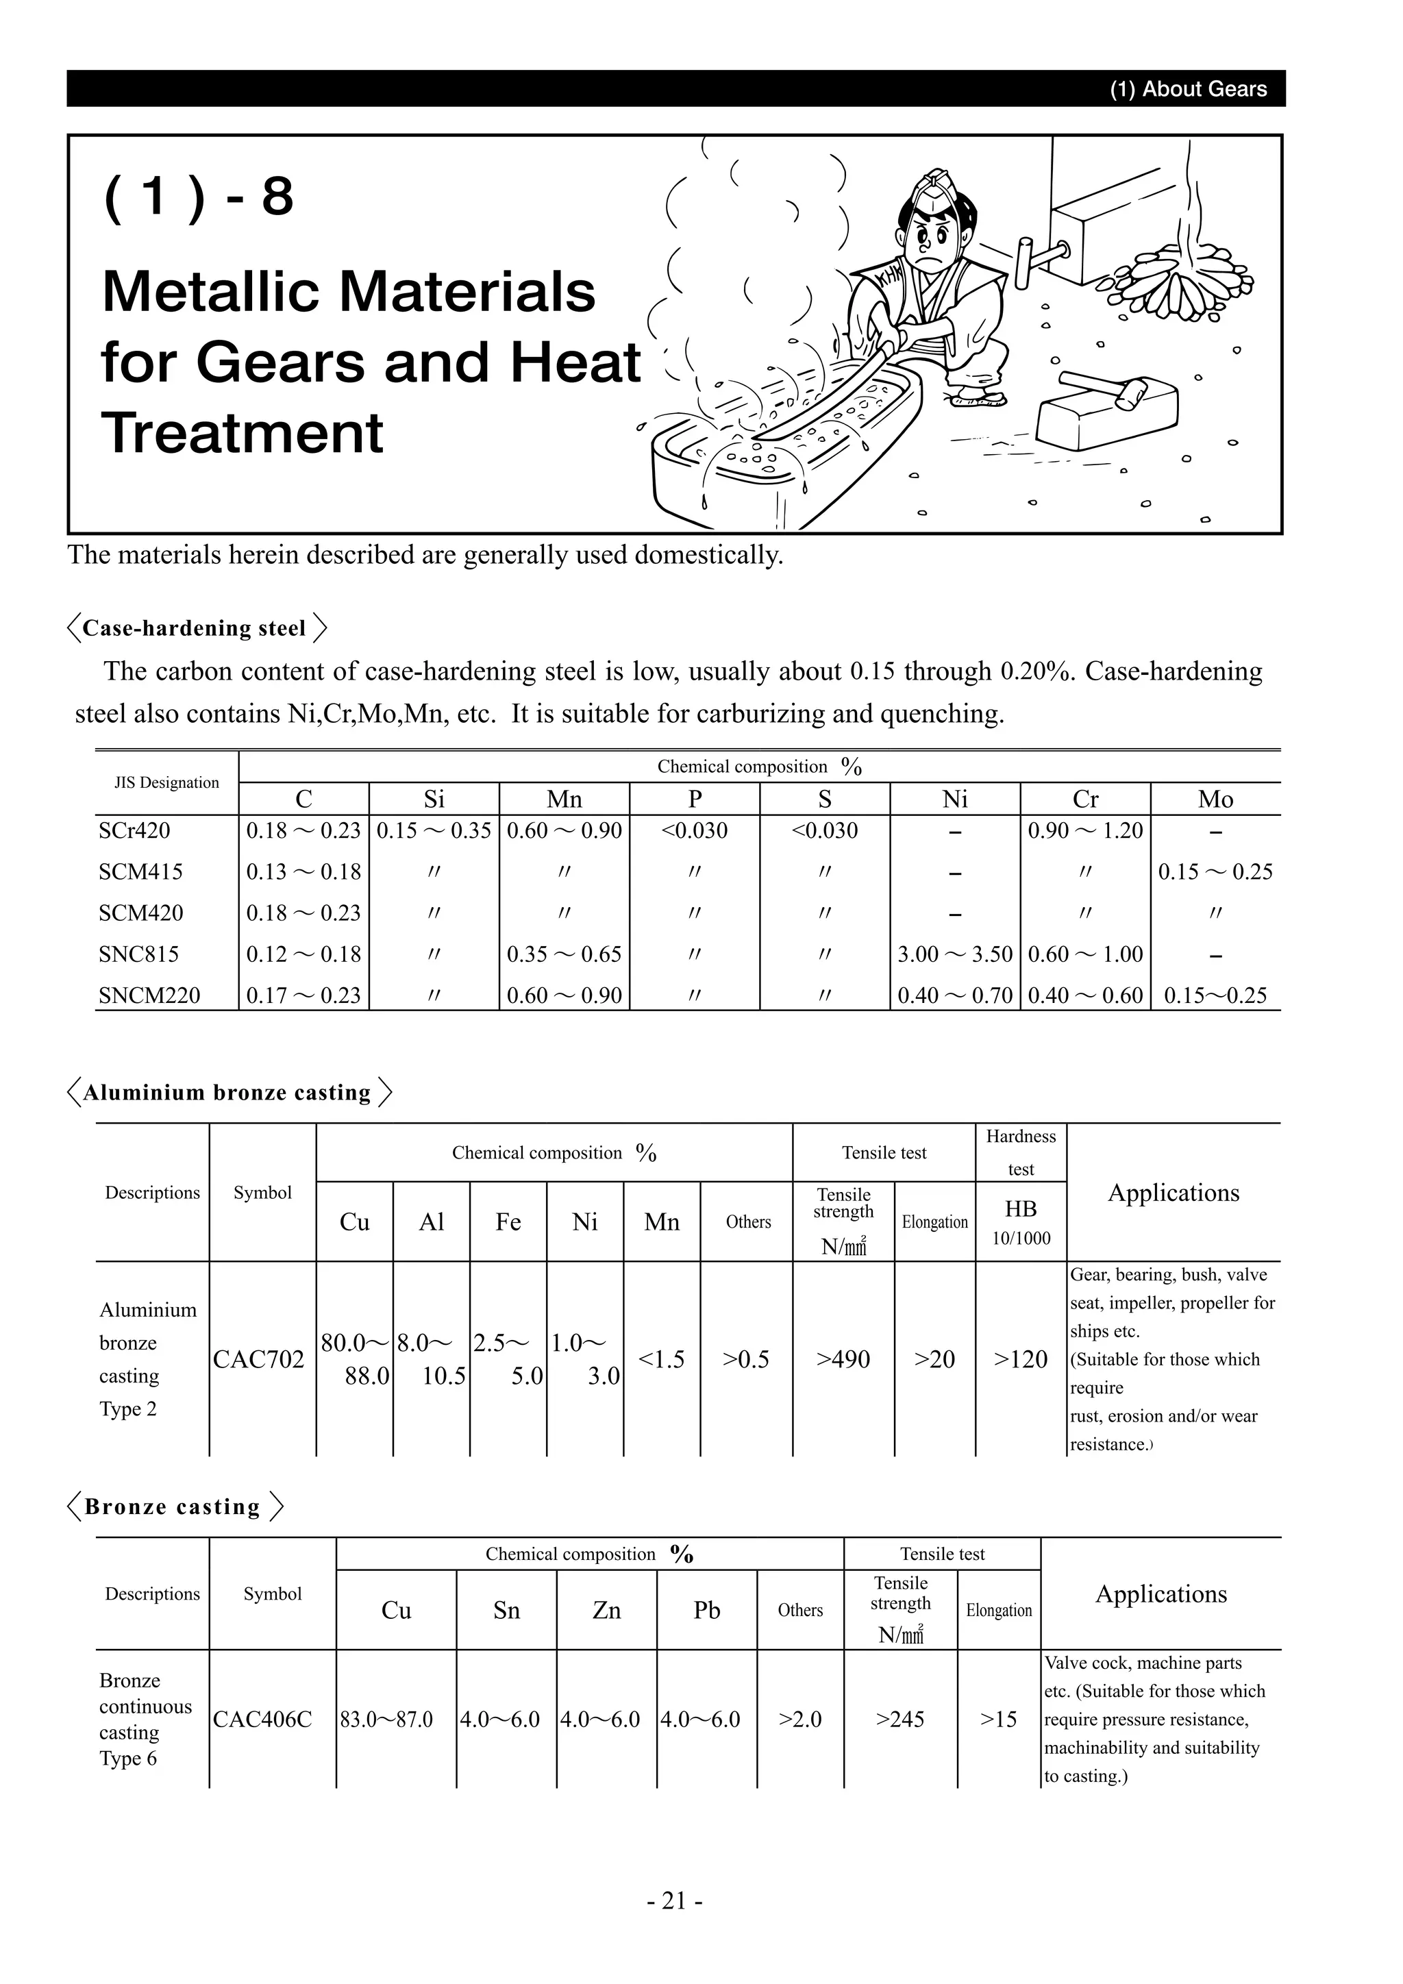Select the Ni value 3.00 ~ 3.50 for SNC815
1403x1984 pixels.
[954, 954]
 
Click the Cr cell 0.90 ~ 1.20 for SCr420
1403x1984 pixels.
[1085, 830]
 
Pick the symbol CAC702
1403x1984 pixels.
[258, 1359]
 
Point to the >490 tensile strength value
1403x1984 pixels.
[843, 1359]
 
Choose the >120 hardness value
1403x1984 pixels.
[1020, 1359]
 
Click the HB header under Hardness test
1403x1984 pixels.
[1020, 1209]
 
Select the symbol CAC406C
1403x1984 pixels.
[262, 1720]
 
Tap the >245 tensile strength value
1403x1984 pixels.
[900, 1720]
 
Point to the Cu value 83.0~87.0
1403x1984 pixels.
[386, 1720]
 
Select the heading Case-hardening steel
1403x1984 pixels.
[195, 628]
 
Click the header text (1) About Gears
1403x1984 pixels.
[1188, 89]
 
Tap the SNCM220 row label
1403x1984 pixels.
[149, 995]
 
